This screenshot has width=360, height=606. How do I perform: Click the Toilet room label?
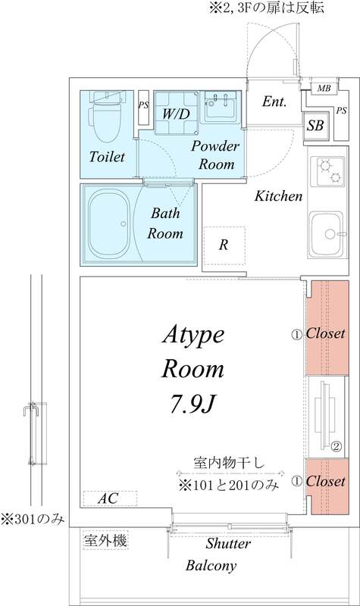pos(105,158)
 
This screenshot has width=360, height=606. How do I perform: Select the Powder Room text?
pos(215,155)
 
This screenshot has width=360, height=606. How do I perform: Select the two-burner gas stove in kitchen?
pos(327,173)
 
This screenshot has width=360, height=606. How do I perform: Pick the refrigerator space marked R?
pos(224,245)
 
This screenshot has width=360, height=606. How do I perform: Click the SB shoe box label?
pos(315,126)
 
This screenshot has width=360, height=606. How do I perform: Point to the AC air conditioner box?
pos(110,498)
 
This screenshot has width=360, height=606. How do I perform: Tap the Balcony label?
pos(211,565)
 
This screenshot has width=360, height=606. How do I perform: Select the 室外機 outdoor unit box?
pos(105,541)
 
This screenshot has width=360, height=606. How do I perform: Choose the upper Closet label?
pos(325,333)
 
